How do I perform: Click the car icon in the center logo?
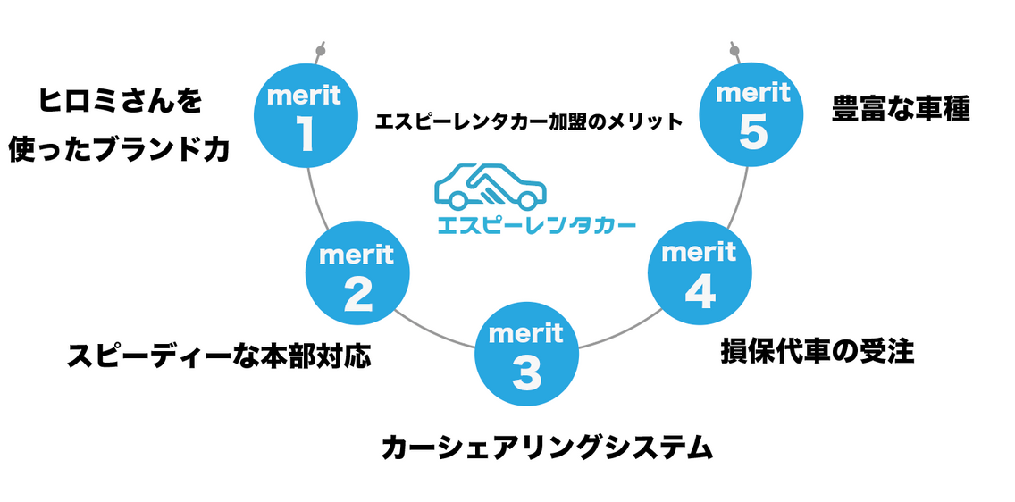489,186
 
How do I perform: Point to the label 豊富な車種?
901,111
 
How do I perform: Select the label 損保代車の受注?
818,350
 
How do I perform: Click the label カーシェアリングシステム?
547,446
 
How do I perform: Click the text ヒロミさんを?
121,101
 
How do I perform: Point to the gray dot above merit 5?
734,51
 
